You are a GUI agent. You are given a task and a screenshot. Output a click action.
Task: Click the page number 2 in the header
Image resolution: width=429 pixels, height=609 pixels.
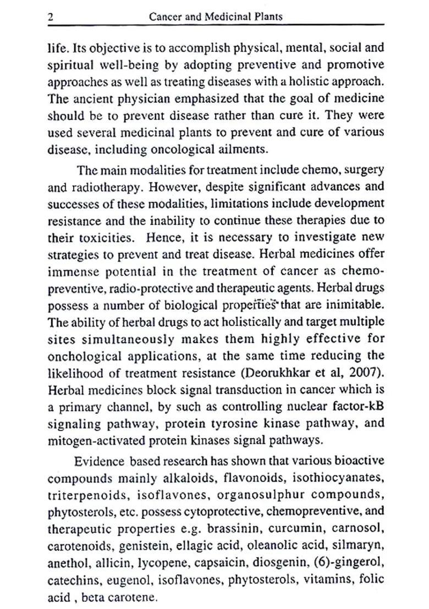51,17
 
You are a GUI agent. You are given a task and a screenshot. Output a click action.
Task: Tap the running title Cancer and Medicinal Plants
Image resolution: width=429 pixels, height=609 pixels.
216,17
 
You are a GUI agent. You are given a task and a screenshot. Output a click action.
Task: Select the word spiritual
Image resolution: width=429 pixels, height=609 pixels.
71,65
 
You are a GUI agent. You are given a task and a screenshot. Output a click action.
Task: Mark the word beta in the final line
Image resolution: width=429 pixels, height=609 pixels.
93,597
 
